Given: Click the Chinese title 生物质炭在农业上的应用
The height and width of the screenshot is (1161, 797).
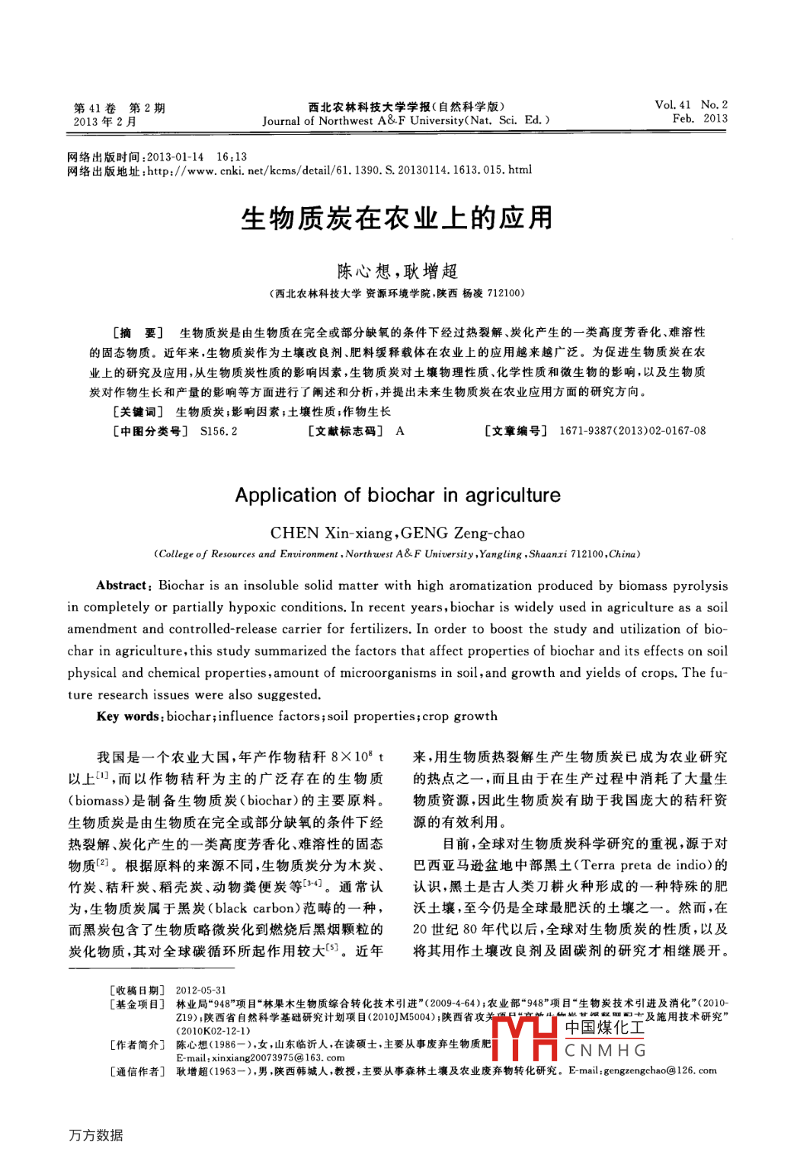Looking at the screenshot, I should [397, 218].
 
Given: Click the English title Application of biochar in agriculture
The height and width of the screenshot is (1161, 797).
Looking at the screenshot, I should [397, 496].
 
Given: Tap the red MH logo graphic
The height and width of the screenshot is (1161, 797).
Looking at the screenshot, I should [525, 1038].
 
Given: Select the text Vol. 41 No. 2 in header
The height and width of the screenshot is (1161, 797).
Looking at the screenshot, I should [690, 105].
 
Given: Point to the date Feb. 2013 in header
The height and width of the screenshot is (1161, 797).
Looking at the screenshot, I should [699, 119].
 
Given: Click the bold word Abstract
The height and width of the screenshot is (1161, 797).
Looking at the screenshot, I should [121, 585].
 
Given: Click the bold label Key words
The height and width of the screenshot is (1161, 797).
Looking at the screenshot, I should [127, 716].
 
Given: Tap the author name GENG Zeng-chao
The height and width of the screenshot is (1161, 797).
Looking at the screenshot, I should [463, 533].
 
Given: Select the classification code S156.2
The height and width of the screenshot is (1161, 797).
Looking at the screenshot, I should [219, 431].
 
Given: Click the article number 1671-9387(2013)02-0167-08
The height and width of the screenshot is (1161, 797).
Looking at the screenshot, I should [632, 431].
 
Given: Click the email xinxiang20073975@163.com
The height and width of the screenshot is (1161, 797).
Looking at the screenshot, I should [261, 1057].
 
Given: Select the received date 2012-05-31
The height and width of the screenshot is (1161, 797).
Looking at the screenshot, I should [201, 990].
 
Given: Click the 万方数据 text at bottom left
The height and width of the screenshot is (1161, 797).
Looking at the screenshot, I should [96, 1135].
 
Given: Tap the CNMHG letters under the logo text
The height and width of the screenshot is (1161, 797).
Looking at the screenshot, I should [606, 1051].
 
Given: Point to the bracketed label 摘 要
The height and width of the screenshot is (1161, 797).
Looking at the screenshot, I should [138, 333].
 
